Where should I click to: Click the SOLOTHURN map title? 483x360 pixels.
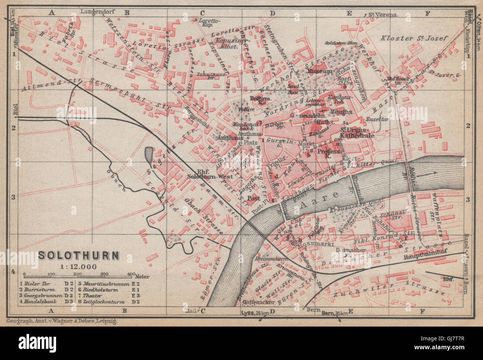[79, 256]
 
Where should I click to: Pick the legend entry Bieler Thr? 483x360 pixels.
[40, 283]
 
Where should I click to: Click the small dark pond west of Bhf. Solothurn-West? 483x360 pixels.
[149, 153]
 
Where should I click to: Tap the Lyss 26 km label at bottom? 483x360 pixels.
[255, 313]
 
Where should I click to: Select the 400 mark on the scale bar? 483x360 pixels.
[130, 274]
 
